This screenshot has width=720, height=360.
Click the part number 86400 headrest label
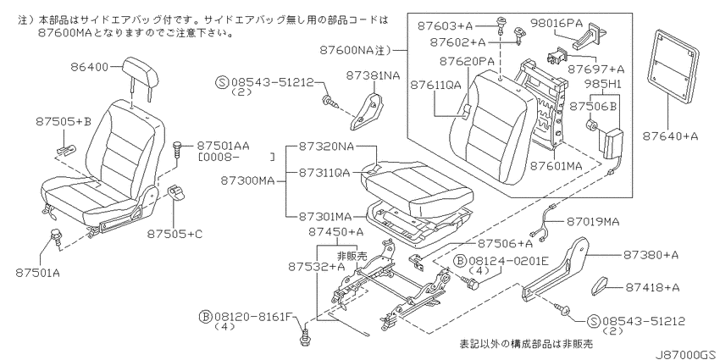90,68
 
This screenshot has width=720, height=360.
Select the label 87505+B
64,122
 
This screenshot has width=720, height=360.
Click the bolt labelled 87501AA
176,150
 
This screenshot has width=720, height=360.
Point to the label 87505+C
174,234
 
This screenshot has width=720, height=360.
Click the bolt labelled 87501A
57,237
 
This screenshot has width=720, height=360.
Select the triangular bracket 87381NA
368,111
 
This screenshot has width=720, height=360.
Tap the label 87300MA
247,181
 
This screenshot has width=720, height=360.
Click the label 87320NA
326,147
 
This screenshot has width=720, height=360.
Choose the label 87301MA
325,216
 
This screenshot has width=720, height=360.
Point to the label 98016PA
557,22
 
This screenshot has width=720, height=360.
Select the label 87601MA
556,165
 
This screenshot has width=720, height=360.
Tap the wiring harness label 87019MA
593,222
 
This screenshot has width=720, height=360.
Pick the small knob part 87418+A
601,285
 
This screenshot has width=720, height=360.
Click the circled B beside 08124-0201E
461,261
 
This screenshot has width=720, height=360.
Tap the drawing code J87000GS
687,355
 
